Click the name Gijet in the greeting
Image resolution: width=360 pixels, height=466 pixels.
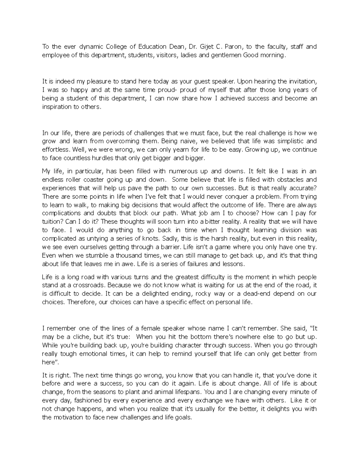(x=207, y=47)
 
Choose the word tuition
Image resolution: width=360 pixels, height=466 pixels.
(x=50, y=222)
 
